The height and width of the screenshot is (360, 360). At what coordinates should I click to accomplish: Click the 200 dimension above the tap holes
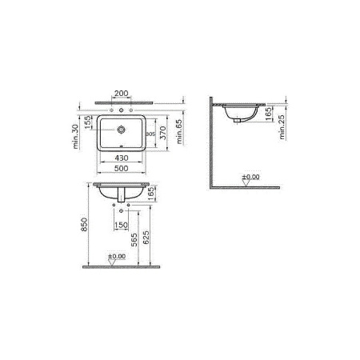tap(122, 93)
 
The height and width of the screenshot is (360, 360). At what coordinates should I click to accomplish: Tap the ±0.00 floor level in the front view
tap(117, 257)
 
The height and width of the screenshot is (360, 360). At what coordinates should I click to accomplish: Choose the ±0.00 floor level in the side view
tap(250, 175)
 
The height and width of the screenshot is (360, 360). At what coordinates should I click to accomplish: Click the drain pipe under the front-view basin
tap(122, 198)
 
